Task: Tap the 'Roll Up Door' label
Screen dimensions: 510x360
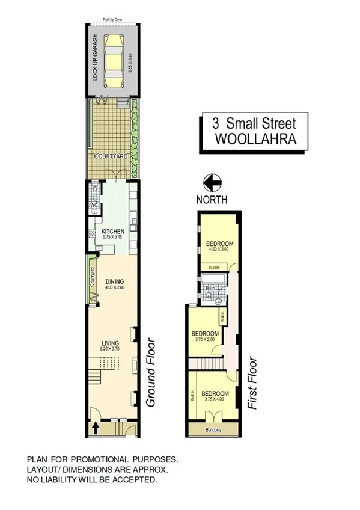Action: pos(112,20)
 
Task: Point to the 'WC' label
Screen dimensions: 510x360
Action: pos(94,206)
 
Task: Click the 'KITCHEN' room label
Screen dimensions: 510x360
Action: pos(113,231)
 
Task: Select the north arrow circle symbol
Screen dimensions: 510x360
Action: pos(213,181)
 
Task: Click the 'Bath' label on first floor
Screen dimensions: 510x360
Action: pos(210,289)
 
